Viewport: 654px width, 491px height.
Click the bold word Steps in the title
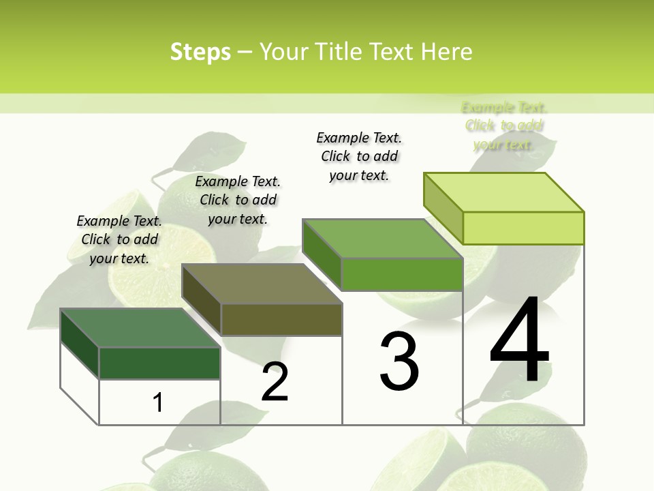pyautogui.click(x=200, y=52)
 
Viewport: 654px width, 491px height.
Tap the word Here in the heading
pyautogui.click(x=446, y=52)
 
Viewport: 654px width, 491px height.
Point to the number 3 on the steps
pyautogui.click(x=399, y=361)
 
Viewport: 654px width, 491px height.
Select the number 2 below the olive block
pyautogui.click(x=275, y=382)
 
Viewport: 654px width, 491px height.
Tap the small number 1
pyautogui.click(x=158, y=402)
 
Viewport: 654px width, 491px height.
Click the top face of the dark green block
pyautogui.click(x=140, y=328)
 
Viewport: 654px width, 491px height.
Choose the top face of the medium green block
pyautogui.click(x=383, y=239)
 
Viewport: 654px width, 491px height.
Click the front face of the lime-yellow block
pyautogui.click(x=523, y=228)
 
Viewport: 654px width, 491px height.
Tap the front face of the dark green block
pyautogui.click(x=159, y=363)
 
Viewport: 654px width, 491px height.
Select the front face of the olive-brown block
pyautogui.click(x=281, y=319)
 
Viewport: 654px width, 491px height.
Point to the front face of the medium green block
pyautogui.click(x=402, y=274)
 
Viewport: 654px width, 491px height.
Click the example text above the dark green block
pyautogui.click(x=119, y=239)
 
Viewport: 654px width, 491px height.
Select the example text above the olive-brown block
pyautogui.click(x=238, y=200)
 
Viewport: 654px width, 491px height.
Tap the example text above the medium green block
pyautogui.click(x=359, y=156)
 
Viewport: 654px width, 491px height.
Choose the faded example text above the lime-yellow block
pyautogui.click(x=504, y=125)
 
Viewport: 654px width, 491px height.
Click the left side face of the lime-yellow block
pyautogui.click(x=443, y=208)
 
